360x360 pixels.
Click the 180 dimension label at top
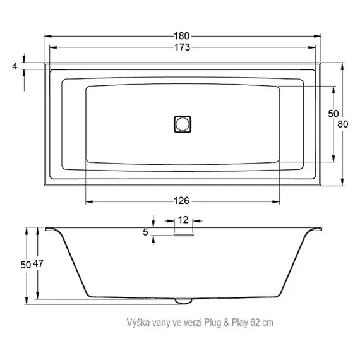(182, 36)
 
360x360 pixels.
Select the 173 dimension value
(182, 48)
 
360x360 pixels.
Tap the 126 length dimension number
(182, 201)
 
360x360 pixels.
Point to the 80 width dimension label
(343, 124)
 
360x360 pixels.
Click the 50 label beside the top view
(333, 112)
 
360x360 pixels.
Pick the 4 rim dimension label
(14, 66)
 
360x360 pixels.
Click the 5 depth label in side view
(146, 232)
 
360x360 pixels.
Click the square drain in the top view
(182, 123)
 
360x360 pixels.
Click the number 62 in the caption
(254, 323)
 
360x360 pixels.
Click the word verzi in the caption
(191, 323)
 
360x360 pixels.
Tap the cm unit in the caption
(268, 323)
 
